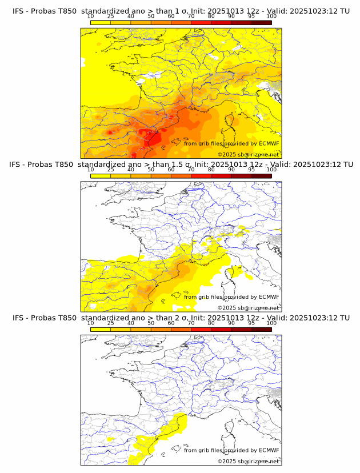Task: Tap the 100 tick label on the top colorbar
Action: click(271, 16)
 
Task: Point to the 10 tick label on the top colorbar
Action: click(91, 16)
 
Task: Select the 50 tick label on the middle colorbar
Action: click(151, 169)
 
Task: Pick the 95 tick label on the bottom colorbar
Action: click(251, 322)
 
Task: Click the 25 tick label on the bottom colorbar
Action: click(111, 322)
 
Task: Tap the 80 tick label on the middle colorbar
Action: click(211, 169)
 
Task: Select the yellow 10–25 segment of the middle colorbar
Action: click(101, 175)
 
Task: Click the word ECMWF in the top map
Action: click(269, 143)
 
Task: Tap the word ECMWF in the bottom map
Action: click(269, 450)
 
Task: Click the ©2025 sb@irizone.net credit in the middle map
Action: click(248, 308)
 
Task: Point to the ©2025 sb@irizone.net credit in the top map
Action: click(248, 155)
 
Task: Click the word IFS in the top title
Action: click(18, 11)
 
